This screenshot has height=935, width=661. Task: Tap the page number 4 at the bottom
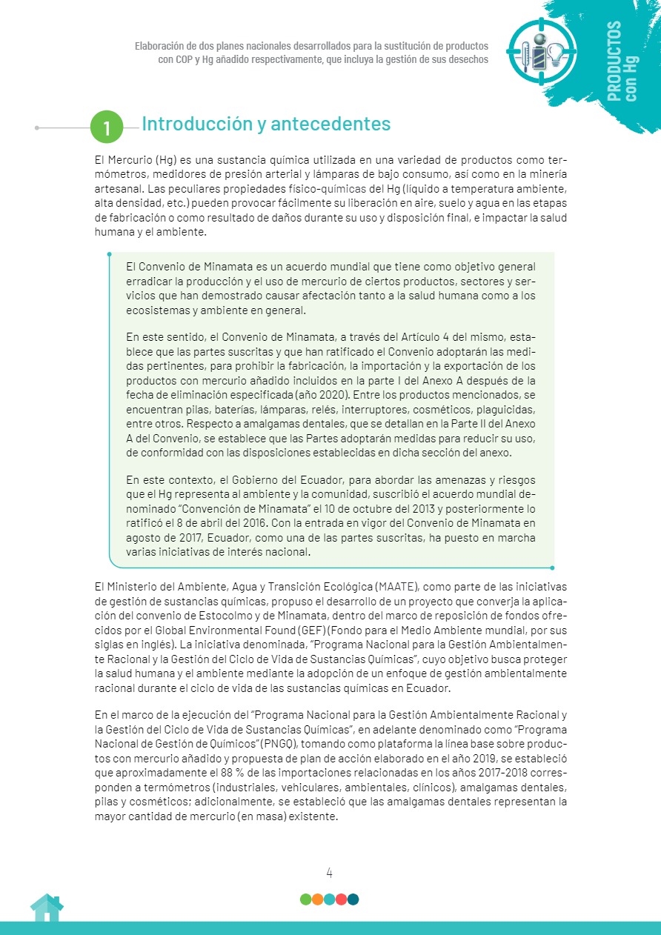point(329,872)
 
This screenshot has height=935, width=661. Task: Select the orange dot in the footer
point(317,899)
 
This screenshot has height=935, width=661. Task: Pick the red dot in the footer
point(341,899)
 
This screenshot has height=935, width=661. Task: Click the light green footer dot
point(305,899)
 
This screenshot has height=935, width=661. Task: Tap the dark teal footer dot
point(353,899)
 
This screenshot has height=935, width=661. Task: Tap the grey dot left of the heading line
point(37,127)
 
